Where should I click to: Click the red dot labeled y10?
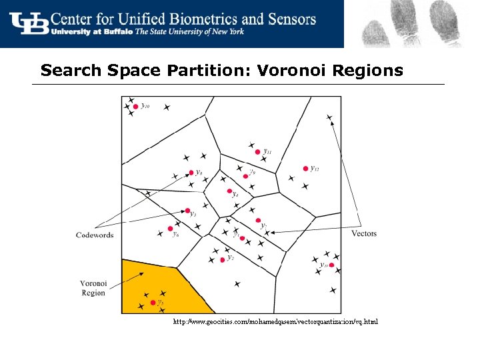coord(135,106)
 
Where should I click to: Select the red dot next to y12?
coord(305,169)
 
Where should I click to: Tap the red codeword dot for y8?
coord(190,173)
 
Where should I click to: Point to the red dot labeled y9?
coord(245,176)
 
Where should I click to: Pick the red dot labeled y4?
coord(229,193)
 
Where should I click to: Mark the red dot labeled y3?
coord(187,211)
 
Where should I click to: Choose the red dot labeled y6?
coord(170,229)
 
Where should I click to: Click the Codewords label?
coord(95,235)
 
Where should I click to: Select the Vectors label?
coord(364,233)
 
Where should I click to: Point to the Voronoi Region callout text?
coord(93,288)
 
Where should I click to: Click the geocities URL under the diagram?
coord(275,322)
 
